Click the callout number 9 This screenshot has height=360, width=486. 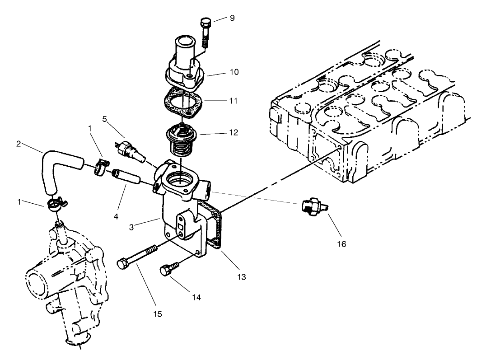click(232, 19)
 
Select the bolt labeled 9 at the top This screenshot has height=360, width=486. click(206, 32)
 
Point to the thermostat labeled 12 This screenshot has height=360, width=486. click(180, 139)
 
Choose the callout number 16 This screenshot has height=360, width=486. click(341, 244)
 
